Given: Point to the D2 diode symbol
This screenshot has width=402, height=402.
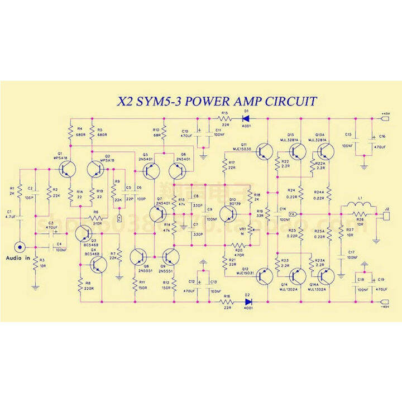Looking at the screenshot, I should point(248,302).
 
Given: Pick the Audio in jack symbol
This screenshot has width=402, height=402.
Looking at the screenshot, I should point(21,246).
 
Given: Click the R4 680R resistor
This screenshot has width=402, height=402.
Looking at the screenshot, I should point(71,132).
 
